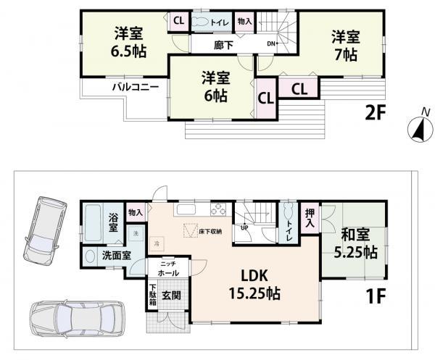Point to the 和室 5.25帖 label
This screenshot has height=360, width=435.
tap(354, 245)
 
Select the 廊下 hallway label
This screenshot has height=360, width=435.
tap(223, 43)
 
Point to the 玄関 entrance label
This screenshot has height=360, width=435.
tap(170, 295)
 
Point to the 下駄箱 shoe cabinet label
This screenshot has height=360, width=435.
tap(152, 295)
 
